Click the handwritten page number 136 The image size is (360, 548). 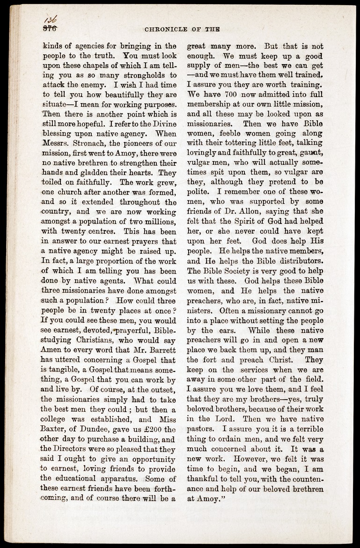51,20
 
